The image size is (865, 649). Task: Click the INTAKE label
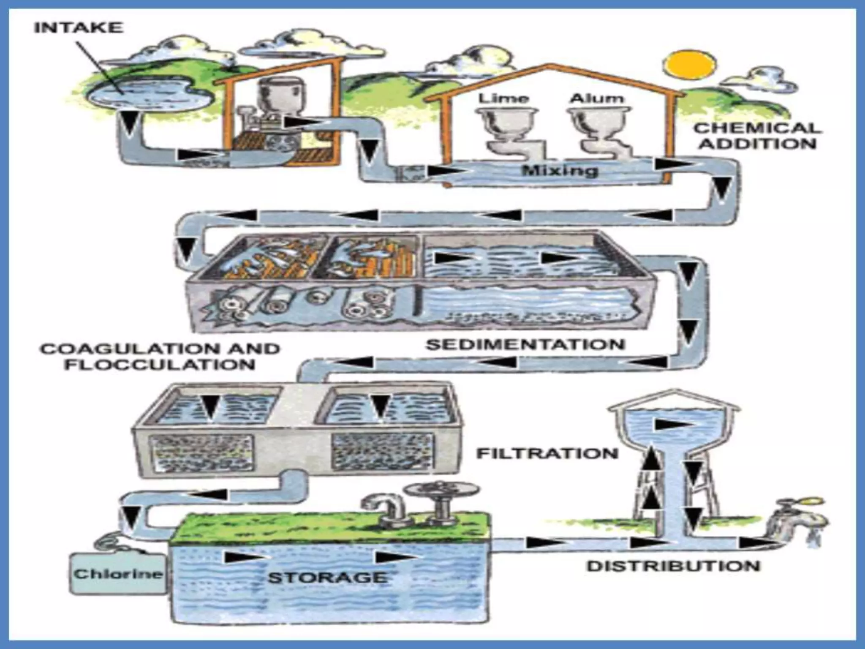point(79,28)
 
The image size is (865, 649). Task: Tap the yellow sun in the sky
point(690,65)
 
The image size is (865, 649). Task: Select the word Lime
point(503,98)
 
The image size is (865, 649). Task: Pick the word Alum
point(596,98)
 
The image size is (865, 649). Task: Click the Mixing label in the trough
point(560,171)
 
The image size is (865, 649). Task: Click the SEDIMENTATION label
point(525,344)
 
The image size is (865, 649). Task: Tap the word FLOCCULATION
point(160,364)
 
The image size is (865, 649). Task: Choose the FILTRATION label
point(547,453)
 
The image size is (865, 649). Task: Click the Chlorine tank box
point(118,573)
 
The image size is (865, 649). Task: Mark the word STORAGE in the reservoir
point(327,577)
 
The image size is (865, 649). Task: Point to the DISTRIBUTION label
point(673,566)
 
